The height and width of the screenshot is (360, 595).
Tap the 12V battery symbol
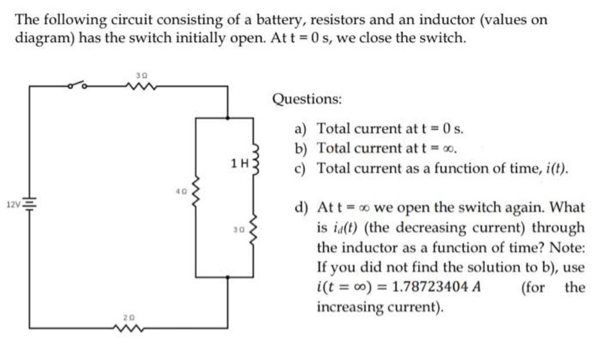[30, 204]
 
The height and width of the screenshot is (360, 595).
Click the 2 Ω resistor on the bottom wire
[130, 328]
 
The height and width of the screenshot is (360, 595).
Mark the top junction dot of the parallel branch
[227, 117]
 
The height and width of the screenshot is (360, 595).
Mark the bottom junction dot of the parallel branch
[227, 277]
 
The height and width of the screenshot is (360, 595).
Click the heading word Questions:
[307, 98]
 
